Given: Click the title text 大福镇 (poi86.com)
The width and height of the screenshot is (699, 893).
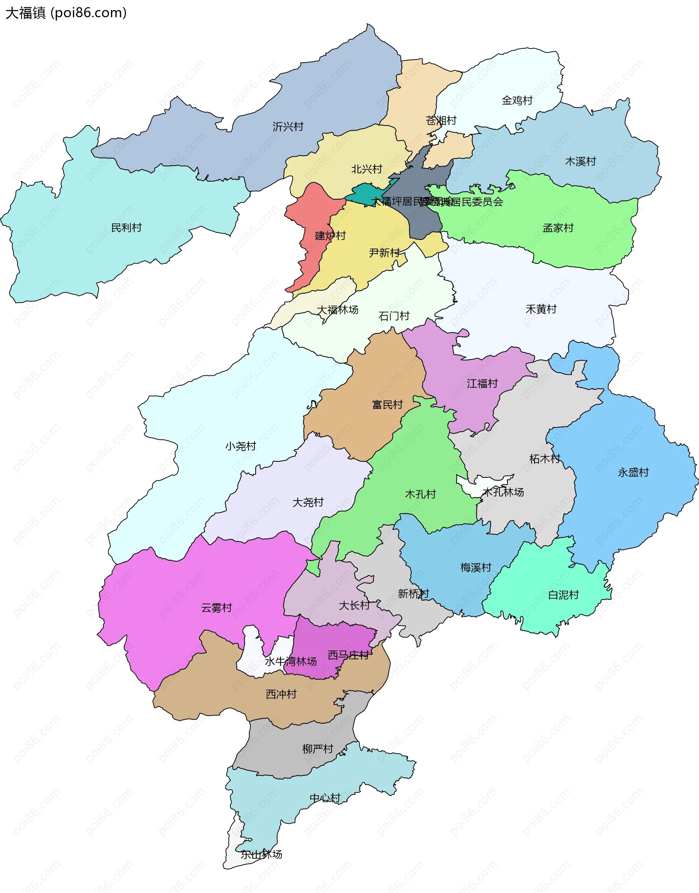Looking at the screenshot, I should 66,13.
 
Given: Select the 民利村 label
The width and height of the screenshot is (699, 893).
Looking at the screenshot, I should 126,228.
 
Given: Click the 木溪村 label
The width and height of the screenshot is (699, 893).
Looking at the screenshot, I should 580,161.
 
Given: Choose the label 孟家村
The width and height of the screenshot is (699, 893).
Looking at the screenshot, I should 558,228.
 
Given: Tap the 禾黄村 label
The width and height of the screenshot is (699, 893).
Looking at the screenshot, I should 541,309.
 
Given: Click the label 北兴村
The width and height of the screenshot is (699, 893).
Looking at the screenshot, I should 367,169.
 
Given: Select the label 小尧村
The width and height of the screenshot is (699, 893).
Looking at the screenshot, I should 241,446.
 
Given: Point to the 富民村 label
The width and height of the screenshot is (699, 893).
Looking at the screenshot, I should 387,405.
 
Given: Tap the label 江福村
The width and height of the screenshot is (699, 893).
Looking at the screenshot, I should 482,383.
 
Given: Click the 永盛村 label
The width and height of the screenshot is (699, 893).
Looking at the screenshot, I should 633,472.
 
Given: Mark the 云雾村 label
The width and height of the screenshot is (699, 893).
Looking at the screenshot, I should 217,608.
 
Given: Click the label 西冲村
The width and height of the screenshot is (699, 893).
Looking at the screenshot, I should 281,694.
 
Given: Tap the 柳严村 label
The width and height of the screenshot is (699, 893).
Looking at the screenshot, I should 317,749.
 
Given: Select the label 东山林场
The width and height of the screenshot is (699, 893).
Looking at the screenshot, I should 261,854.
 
